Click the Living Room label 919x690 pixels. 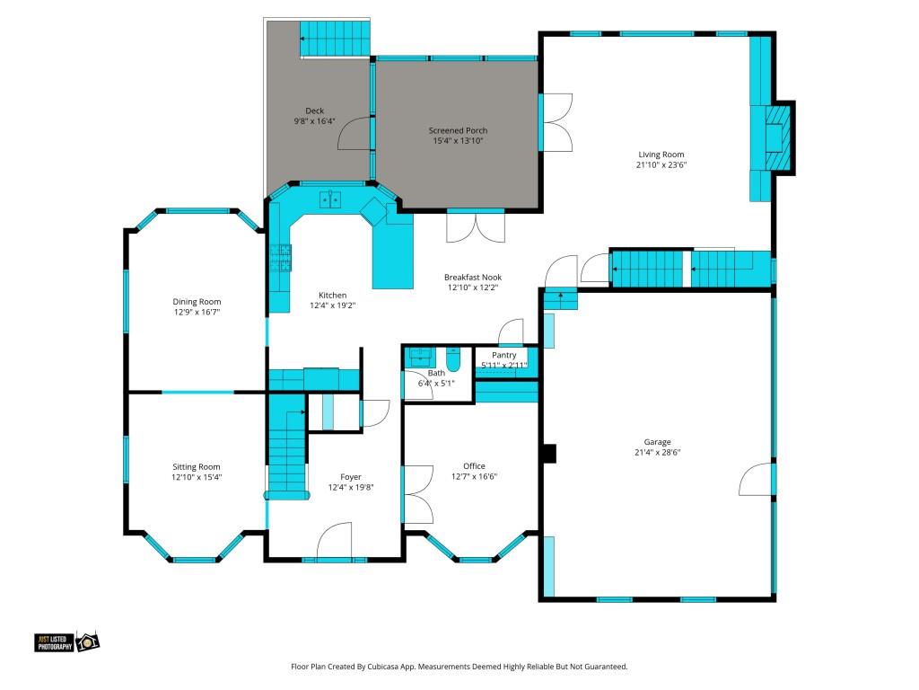(x=661, y=155)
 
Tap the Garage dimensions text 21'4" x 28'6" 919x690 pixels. (x=657, y=453)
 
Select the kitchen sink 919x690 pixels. (x=330, y=199)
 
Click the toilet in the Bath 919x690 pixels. (x=453, y=359)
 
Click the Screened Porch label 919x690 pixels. (x=458, y=130)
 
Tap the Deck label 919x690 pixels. (x=315, y=111)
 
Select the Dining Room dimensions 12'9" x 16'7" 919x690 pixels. (x=197, y=312)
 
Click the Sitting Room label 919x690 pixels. (x=197, y=467)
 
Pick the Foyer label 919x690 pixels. (x=351, y=477)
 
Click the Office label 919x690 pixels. (x=474, y=466)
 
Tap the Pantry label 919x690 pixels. (x=504, y=355)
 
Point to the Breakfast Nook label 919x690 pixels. (x=473, y=277)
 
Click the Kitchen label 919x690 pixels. (x=332, y=295)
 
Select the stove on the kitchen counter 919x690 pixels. (x=280, y=258)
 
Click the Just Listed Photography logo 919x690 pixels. (x=66, y=641)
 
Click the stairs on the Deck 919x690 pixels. (x=336, y=39)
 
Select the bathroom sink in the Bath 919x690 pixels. (x=420, y=355)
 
